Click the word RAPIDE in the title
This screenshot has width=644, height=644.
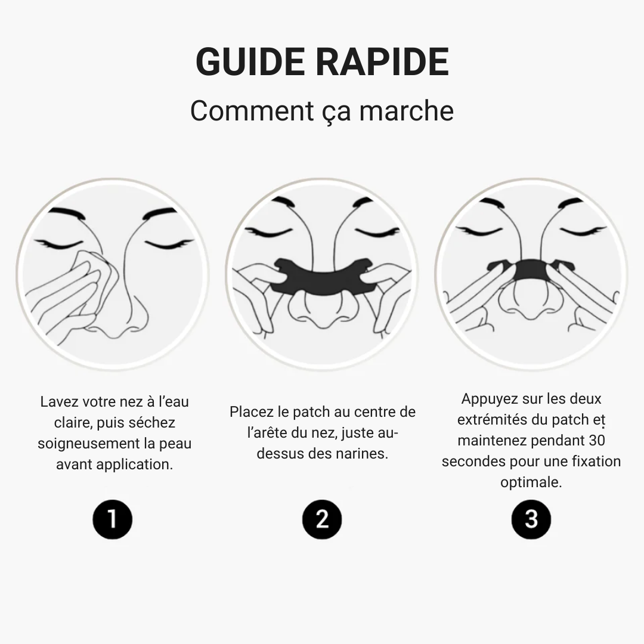(x=383, y=62)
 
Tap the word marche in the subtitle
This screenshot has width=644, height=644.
(x=406, y=111)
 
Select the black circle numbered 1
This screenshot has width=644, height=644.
(x=113, y=519)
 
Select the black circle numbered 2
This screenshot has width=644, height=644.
(x=322, y=519)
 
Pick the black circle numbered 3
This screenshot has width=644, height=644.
(x=531, y=519)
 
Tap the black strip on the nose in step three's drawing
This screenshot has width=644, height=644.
(x=530, y=271)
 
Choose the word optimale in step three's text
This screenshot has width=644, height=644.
(x=531, y=482)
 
